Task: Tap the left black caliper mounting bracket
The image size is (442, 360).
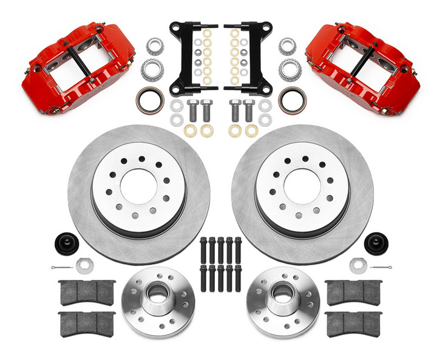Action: (x=185, y=58)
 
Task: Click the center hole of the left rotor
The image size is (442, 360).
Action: (x=138, y=186)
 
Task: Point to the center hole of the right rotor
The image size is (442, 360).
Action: (x=302, y=186)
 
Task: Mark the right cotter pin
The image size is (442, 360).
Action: (x=381, y=267)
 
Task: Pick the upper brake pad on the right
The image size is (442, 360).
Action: (x=354, y=292)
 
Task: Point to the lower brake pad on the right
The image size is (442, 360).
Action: (x=354, y=323)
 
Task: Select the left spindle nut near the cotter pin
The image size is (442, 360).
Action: (x=84, y=265)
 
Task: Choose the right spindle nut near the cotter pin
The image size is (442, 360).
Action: (x=358, y=265)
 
